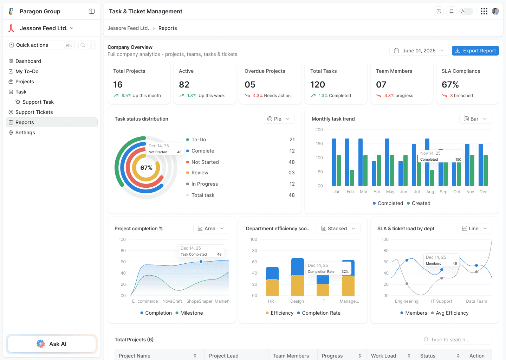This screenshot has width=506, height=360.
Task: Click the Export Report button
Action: tap(475, 51)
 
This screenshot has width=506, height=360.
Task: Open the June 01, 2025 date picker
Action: tap(419, 51)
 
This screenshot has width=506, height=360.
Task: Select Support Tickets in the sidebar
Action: tap(34, 112)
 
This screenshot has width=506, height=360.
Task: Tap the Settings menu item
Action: tap(25, 133)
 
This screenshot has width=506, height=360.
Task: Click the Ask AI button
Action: tap(52, 344)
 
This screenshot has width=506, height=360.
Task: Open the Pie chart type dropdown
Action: tap(279, 119)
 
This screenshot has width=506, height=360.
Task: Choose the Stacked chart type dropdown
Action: tap(338, 229)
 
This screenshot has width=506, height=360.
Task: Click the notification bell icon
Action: tap(452, 11)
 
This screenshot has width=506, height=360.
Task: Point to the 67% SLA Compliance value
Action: tap(450, 85)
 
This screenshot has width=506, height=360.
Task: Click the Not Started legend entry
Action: tap(205, 162)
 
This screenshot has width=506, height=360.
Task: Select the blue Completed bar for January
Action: tap(334, 162)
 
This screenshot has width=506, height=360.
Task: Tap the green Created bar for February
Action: tap(352, 178)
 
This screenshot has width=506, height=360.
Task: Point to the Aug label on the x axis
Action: tap(430, 192)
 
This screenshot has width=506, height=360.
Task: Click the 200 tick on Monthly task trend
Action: tap(319, 130)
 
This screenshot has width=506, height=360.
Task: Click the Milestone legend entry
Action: tap(192, 313)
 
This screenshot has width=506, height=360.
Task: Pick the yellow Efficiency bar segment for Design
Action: tap(298, 285)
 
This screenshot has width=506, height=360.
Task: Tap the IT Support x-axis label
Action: tap(441, 301)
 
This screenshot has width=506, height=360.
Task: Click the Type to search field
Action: tap(456, 340)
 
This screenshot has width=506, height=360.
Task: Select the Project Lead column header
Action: tap(224, 356)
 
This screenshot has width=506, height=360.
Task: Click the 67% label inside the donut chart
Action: tap(146, 168)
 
